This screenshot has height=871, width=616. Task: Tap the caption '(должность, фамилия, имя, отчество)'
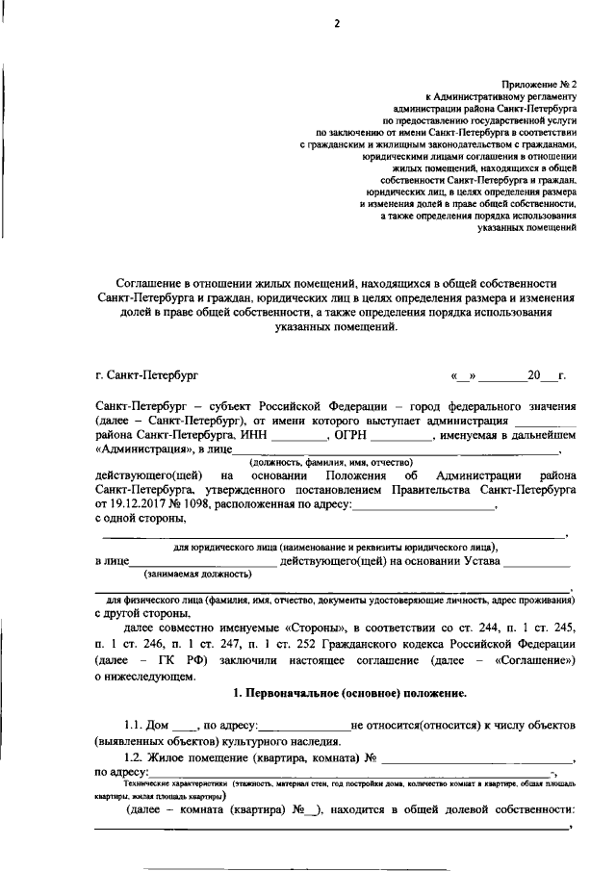(329, 463)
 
